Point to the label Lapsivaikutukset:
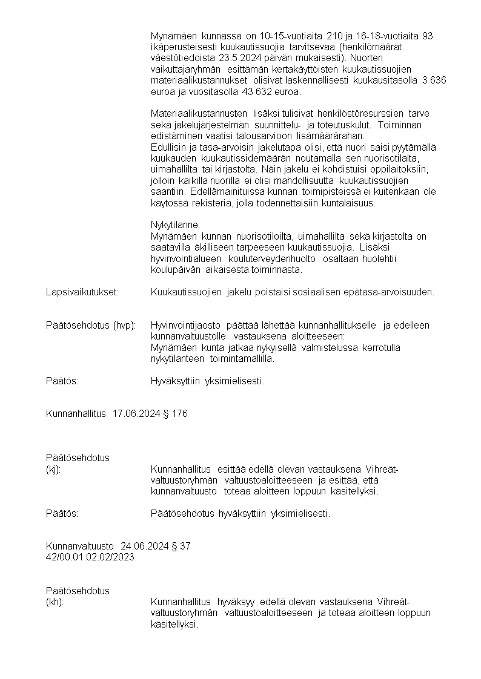click(82, 292)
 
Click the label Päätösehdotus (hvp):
click(91, 326)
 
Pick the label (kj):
click(53, 468)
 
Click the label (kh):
click(55, 602)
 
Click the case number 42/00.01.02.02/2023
click(90, 557)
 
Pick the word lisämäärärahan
click(330, 136)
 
